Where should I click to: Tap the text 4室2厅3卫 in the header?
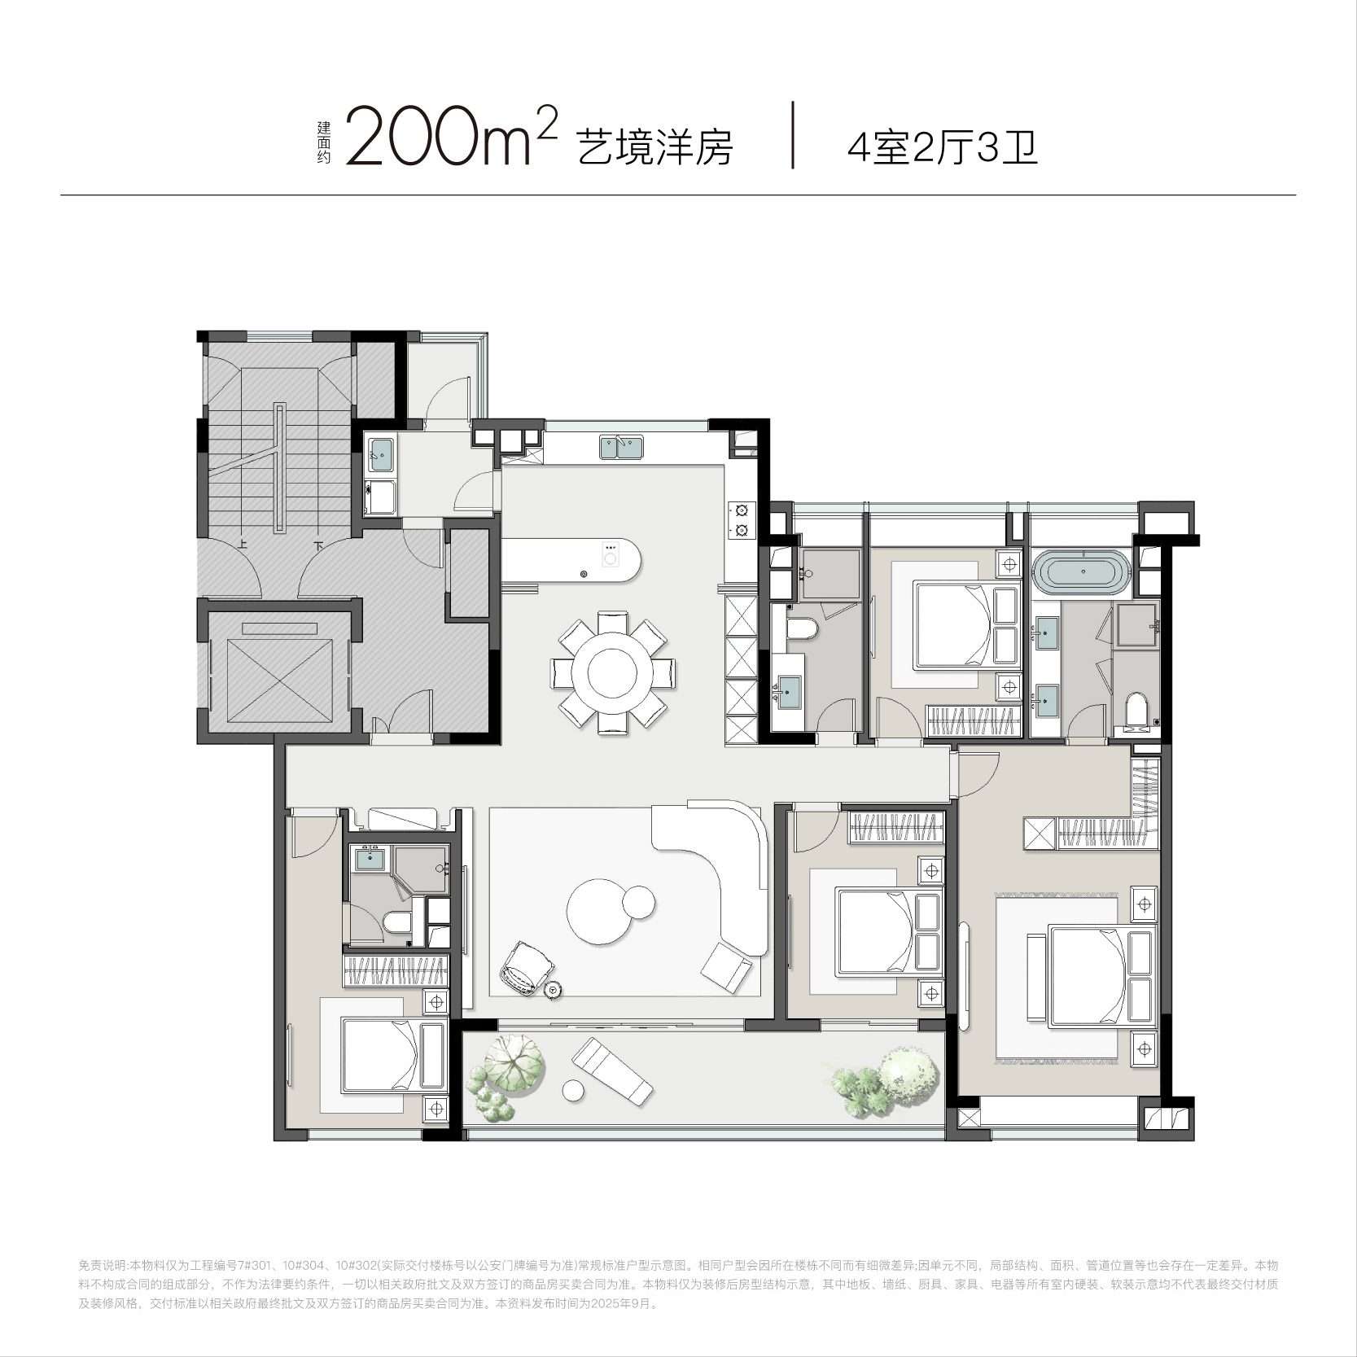tap(943, 147)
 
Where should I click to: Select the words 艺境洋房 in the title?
tap(654, 147)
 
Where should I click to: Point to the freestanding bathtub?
tap(1082, 571)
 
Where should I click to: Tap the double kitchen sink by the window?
tap(621, 447)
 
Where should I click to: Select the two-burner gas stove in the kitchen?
tap(742, 521)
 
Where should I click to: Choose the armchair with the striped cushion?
tap(527, 967)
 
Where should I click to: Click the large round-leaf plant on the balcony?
tap(514, 1061)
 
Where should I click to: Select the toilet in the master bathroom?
tap(1134, 708)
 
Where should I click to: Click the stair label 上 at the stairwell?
tap(243, 545)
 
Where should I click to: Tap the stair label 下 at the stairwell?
tap(318, 545)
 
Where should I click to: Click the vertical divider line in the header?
tap(793, 135)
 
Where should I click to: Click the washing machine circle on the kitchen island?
tap(610, 558)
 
